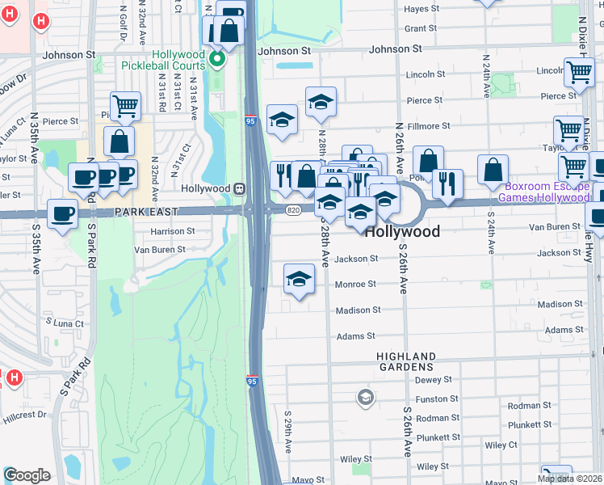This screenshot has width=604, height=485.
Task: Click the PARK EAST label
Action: [145, 212]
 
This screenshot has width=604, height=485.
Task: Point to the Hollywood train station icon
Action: [240, 188]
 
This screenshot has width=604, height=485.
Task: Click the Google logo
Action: [27, 475]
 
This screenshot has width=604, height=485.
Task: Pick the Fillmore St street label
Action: [429, 127]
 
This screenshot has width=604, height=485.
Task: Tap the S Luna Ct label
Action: [65, 324]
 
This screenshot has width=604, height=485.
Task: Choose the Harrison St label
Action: [173, 231]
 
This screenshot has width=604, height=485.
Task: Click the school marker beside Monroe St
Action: [299, 279]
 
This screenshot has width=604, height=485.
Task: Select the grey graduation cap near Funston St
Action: [366, 397]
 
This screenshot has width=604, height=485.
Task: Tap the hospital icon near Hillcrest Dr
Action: [13, 377]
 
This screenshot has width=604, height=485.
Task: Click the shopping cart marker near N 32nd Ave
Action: [125, 105]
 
